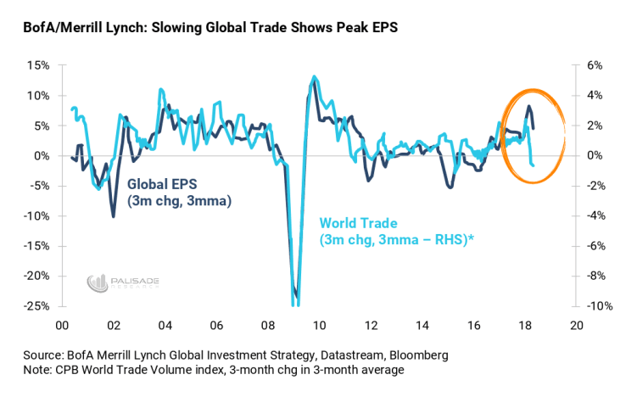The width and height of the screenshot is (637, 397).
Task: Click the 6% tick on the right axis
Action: [595, 65]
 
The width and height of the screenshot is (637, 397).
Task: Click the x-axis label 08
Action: [267, 327]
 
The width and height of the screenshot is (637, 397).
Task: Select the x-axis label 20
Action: [577, 327]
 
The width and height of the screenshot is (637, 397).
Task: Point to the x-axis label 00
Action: [62, 327]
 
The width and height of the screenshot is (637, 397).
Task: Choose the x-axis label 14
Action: [422, 327]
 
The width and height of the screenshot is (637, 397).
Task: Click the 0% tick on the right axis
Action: [595, 155]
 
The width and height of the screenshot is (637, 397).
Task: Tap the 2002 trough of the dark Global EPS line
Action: [114, 216]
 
